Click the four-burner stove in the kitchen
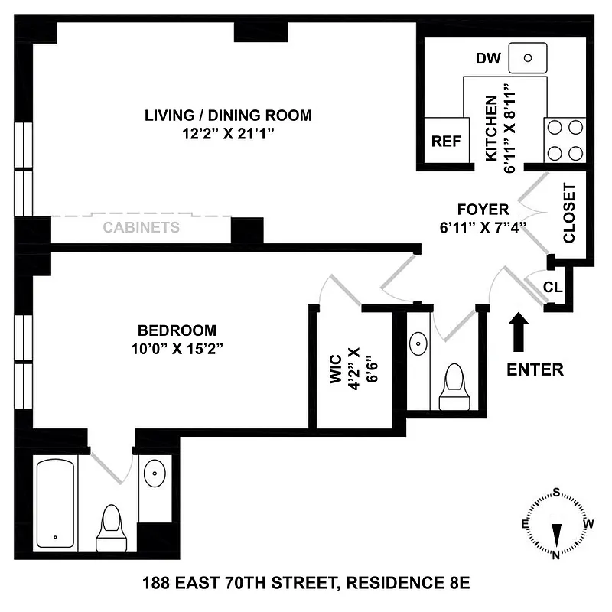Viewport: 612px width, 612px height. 565,139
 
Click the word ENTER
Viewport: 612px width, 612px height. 535,370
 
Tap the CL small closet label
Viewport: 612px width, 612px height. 552,288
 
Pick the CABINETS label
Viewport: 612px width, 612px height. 141,227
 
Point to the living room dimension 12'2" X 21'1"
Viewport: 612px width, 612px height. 228,133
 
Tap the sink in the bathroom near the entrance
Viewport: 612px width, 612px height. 418,343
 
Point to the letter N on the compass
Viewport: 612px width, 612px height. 556,556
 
